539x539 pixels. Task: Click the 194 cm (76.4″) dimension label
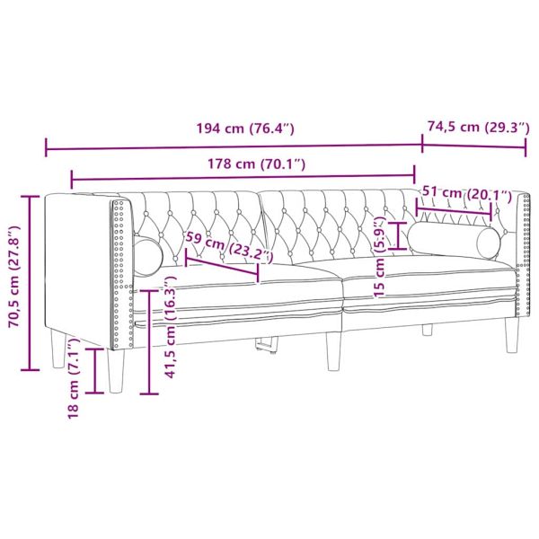pyautogui.click(x=245, y=128)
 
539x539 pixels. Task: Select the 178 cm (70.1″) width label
pyautogui.click(x=244, y=163)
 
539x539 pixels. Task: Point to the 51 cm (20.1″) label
pyautogui.click(x=465, y=194)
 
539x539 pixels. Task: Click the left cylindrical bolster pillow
pyautogui.click(x=147, y=254)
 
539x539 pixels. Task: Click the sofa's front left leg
pyautogui.click(x=115, y=368)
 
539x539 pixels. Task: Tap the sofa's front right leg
pyautogui.click(x=513, y=336)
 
